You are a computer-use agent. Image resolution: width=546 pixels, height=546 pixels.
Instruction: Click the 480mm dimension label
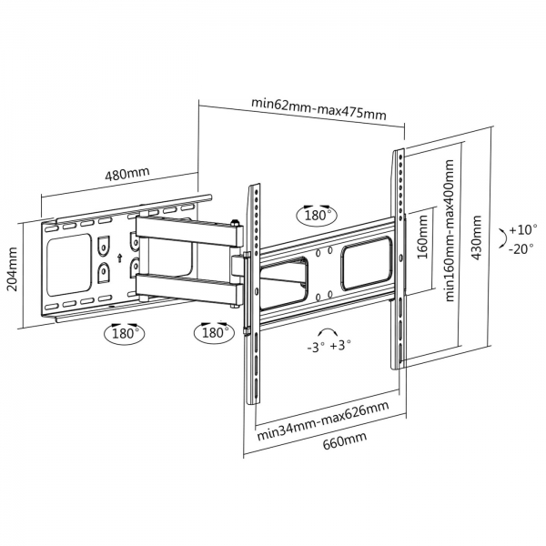click(x=127, y=173)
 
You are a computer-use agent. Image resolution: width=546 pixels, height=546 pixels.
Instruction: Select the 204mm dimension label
click(x=12, y=269)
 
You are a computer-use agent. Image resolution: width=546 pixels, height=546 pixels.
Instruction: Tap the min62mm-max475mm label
click(x=318, y=108)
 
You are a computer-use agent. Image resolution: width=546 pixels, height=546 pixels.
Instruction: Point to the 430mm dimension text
click(x=476, y=238)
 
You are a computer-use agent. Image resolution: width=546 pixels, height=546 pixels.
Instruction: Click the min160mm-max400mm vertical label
click(x=450, y=230)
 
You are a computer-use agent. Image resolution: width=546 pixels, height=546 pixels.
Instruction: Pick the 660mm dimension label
click(x=345, y=440)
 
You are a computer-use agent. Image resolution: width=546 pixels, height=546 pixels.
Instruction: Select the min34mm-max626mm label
click(x=323, y=420)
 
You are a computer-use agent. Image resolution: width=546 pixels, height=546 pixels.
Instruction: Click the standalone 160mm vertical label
click(x=422, y=237)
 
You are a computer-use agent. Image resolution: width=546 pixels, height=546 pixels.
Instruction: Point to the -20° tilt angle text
click(x=521, y=249)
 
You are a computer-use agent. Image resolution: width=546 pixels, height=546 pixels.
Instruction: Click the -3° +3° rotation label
click(x=329, y=346)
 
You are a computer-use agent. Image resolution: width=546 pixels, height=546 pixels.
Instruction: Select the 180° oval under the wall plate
click(x=125, y=334)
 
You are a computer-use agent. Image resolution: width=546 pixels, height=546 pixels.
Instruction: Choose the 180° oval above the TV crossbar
click(x=317, y=215)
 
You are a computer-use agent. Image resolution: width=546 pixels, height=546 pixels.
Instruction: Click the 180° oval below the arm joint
click(x=214, y=332)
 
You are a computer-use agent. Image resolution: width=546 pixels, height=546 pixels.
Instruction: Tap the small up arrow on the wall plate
click(x=120, y=258)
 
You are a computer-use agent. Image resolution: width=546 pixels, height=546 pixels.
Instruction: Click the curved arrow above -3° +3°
click(x=328, y=330)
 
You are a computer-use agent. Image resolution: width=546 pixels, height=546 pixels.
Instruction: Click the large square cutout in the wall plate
click(x=69, y=265)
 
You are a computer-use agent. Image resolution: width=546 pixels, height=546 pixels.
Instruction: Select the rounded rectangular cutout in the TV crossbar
click(x=367, y=263)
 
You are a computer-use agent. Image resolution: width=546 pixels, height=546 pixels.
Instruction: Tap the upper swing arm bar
click(x=188, y=230)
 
